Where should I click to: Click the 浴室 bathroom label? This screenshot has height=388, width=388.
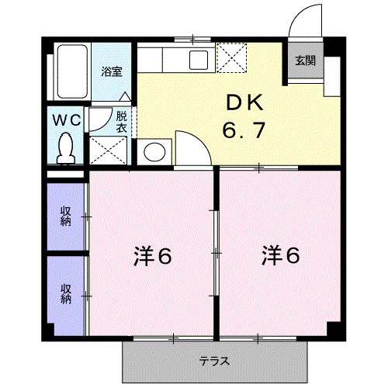111,71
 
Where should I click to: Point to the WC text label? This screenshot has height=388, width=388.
67,120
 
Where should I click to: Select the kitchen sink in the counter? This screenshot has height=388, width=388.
197,60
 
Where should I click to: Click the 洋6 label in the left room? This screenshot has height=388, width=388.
151,255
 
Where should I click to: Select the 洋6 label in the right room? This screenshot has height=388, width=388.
280,255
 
